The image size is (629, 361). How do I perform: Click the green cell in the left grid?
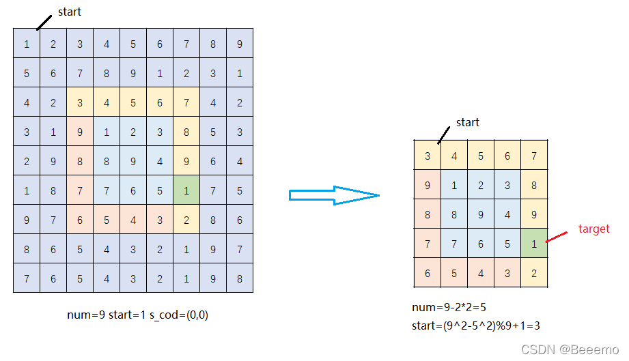pos(186,190)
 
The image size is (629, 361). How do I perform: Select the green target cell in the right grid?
pos(533,244)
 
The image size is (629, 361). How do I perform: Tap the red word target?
pos(593,229)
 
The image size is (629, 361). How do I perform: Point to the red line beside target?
pos(557,236)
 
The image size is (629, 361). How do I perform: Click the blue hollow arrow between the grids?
pos(334,195)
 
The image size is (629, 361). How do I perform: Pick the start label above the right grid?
pos(467,122)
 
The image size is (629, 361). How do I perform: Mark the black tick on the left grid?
pos(43,23)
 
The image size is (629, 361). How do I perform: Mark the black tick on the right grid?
pos(444,134)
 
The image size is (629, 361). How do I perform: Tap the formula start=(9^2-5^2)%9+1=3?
pos(476,326)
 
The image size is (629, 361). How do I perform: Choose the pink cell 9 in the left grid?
pos(80,132)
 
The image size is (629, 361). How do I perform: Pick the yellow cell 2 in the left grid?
pos(186,220)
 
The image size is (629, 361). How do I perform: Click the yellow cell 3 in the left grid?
pos(80,102)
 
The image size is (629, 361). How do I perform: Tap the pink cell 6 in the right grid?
pos(428,273)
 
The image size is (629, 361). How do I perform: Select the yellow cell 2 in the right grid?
pos(533,273)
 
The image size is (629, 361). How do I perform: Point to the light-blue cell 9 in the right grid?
pos(480,214)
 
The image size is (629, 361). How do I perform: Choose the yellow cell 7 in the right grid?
pos(533,156)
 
